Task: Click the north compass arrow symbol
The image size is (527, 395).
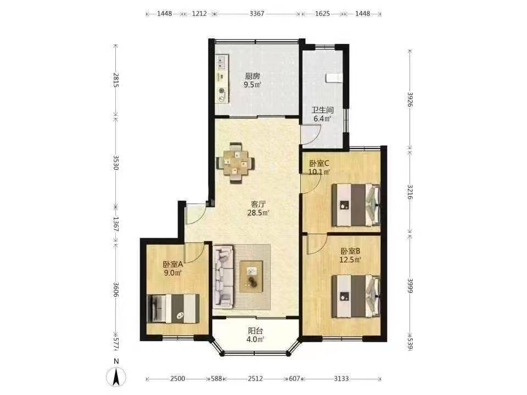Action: click(x=116, y=377)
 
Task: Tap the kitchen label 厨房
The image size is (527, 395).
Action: click(x=253, y=76)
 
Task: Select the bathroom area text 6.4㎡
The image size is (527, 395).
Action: click(x=322, y=119)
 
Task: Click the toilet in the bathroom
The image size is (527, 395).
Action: click(x=333, y=77)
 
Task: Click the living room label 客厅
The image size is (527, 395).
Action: click(x=259, y=204)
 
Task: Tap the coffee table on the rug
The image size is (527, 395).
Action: click(x=251, y=276)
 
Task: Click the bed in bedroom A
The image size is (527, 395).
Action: click(x=173, y=309)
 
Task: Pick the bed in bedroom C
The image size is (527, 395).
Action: click(x=356, y=205)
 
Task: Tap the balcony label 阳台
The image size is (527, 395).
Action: click(x=255, y=331)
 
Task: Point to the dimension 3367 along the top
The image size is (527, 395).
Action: click(x=257, y=14)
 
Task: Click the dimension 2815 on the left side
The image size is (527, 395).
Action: click(x=116, y=80)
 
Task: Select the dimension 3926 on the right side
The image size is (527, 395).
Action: click(x=410, y=99)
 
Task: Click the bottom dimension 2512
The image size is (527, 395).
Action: click(x=255, y=379)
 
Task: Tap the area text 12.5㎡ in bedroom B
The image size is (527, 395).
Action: click(x=350, y=259)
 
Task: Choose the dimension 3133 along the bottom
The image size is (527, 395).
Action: click(x=341, y=379)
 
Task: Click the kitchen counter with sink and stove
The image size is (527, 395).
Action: click(x=222, y=79)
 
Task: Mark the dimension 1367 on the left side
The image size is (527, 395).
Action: click(x=116, y=224)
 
